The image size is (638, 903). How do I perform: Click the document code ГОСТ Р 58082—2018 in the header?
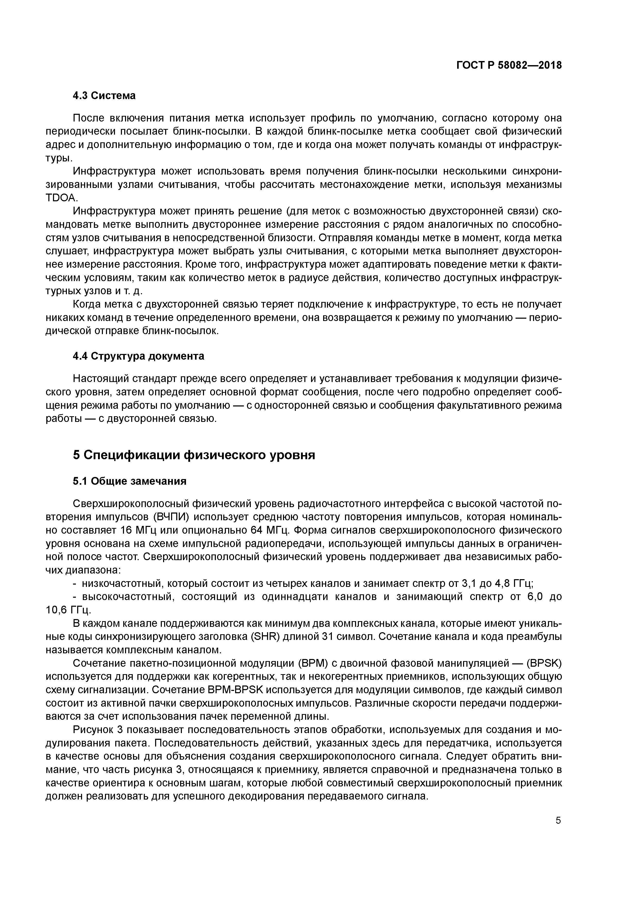point(509,65)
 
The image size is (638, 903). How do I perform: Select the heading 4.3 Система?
point(104,95)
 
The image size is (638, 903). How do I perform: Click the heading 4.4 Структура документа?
point(138,356)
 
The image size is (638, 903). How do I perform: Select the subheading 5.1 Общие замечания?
point(129,481)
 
